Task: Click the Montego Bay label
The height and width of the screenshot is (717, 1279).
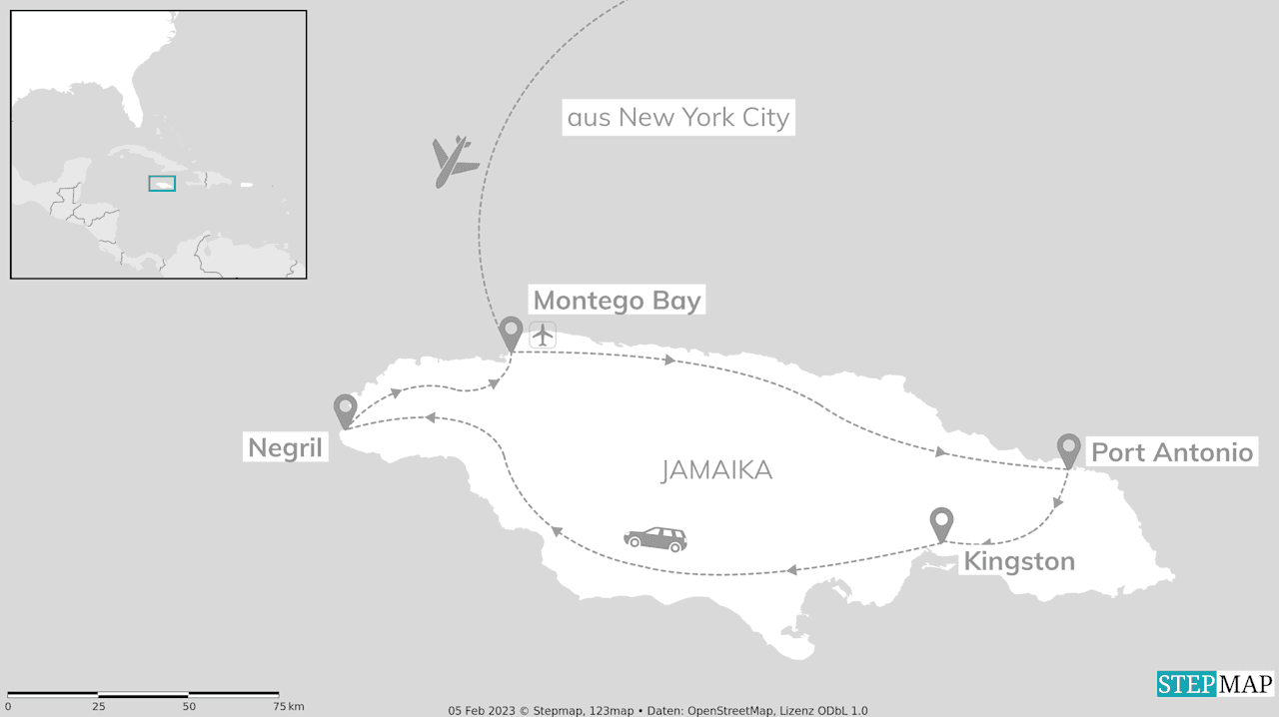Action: (617, 300)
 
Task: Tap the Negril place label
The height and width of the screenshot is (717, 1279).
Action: (286, 447)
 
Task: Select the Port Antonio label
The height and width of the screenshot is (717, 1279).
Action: (1171, 452)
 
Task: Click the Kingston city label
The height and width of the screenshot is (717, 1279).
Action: (1018, 561)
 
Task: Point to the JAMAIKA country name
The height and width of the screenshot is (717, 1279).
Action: (716, 470)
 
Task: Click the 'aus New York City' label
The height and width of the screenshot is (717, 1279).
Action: (678, 118)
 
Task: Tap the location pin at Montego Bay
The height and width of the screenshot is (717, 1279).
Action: (511, 333)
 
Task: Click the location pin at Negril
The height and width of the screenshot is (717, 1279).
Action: (345, 410)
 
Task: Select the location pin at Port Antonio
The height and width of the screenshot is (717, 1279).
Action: (1068, 449)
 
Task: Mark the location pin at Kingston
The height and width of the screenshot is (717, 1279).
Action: (941, 523)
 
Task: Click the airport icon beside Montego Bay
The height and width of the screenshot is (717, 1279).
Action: (543, 335)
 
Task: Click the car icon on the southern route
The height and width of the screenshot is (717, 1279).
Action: (655, 539)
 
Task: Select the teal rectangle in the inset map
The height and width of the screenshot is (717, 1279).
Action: (162, 184)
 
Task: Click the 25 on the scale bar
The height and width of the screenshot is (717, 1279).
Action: (98, 707)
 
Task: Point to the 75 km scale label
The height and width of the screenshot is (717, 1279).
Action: (289, 707)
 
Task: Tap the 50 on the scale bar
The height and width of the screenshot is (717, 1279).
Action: (189, 707)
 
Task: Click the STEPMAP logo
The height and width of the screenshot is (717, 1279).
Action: (1215, 684)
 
